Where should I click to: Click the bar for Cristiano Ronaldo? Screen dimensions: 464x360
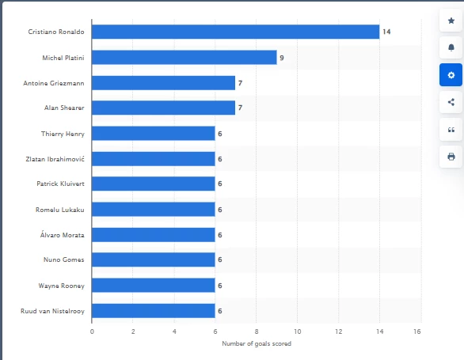[x=235, y=32]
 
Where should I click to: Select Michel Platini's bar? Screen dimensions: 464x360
[x=184, y=58]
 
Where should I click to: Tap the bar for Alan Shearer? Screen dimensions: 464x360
[x=164, y=108]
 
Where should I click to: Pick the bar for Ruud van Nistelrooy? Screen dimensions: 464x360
[x=154, y=311]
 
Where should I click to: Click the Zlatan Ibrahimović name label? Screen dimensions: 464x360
[x=55, y=159]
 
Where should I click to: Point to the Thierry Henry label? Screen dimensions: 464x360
[x=63, y=134]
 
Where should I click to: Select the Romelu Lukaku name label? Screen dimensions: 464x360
[x=59, y=210]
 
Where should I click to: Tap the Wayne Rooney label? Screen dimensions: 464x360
[x=61, y=286]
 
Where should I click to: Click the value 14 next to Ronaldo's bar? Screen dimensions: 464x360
[x=386, y=32]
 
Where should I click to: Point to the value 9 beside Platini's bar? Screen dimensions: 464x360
[x=282, y=58]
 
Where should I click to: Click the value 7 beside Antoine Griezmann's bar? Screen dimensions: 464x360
[x=240, y=83]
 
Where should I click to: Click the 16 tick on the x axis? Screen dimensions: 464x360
[x=417, y=332]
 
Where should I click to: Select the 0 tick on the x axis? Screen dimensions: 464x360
[x=92, y=332]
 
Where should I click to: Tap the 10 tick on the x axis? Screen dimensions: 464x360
[x=298, y=332]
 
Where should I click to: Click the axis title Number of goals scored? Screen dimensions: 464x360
[x=257, y=343]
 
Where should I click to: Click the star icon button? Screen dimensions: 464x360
[x=451, y=21]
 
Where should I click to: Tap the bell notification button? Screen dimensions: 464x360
[x=451, y=47]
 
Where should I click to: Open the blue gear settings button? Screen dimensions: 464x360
[x=451, y=75]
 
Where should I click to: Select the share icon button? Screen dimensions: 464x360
[x=451, y=102]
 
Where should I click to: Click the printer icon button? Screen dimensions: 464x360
[x=451, y=157]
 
